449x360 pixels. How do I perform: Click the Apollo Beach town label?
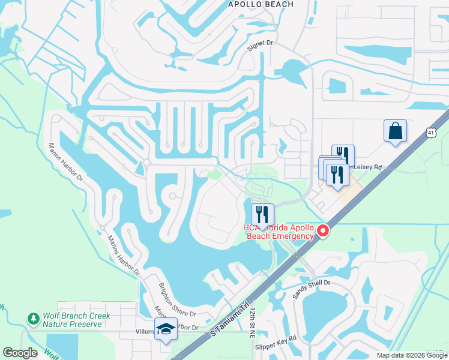(x=261, y=4)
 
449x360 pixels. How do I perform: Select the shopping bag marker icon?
(x=395, y=131)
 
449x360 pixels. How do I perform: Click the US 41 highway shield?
(x=431, y=131)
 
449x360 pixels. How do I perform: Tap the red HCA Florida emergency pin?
(x=323, y=231)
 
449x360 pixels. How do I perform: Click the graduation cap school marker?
(x=166, y=329)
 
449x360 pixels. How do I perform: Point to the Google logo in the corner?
(x=20, y=353)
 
